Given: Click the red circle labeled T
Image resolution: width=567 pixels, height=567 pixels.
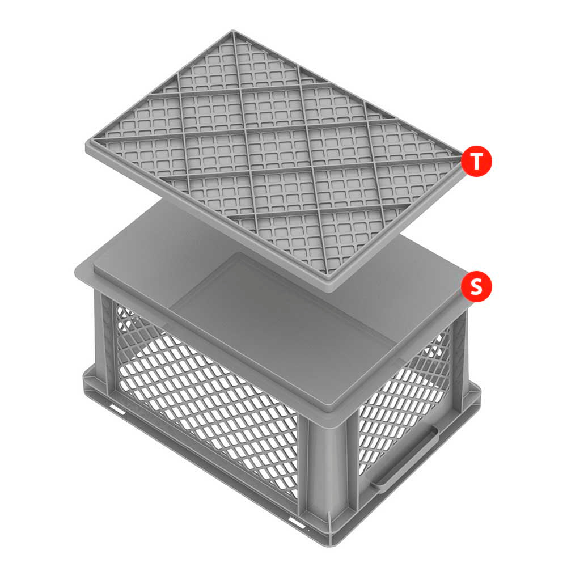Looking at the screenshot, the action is click(476, 161).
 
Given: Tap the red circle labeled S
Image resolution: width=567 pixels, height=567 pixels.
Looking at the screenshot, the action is click(476, 286).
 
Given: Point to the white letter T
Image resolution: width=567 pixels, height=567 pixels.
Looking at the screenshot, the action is click(476, 161).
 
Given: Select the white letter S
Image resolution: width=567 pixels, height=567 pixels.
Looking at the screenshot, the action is click(476, 286).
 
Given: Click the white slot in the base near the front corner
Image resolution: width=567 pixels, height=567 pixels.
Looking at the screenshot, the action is click(297, 523).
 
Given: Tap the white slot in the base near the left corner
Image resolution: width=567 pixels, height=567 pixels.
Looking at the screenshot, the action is click(117, 410).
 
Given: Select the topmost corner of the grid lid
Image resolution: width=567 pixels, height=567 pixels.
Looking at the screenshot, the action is click(233, 31).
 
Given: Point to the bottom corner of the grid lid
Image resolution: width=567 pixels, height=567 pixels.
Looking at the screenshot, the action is click(329, 291).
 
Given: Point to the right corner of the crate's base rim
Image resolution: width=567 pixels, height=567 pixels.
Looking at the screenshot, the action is click(480, 390).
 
